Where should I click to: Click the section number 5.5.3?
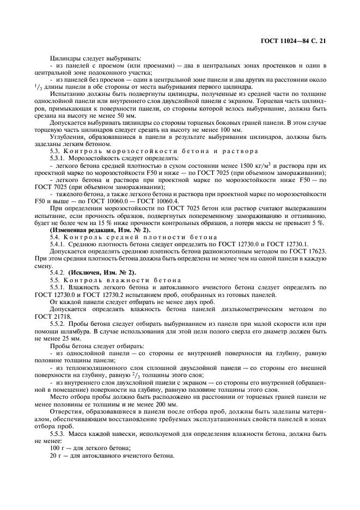tap(59, 433)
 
